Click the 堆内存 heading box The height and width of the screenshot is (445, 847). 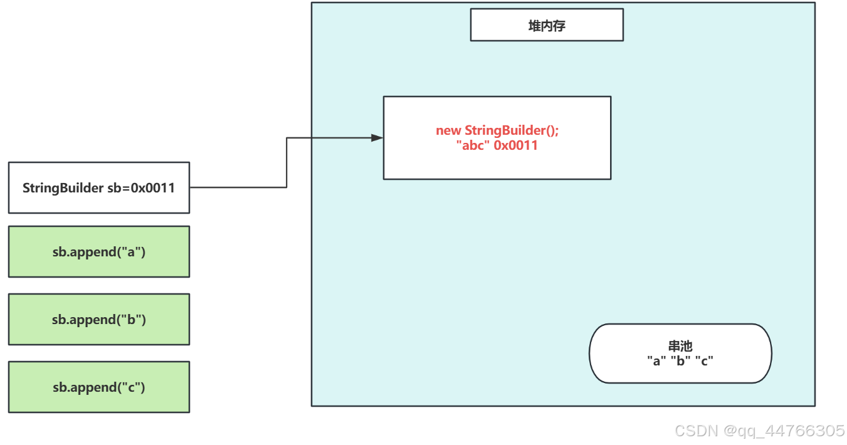(547, 25)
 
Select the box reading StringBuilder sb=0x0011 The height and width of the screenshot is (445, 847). (99, 187)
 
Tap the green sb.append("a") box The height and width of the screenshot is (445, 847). (99, 252)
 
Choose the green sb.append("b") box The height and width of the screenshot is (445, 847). (99, 320)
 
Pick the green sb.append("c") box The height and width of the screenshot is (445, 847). (99, 387)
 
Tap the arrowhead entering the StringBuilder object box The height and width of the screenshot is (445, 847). (377, 138)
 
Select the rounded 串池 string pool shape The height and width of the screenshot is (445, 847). (680, 353)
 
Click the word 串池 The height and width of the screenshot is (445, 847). (680, 346)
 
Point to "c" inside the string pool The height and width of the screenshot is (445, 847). (705, 361)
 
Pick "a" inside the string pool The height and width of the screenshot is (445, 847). (656, 361)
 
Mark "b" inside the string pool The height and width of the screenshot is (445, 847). (680, 361)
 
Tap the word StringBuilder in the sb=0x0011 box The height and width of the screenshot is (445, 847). (63, 187)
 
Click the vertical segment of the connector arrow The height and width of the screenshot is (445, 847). (287, 162)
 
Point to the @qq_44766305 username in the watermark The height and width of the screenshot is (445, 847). (784, 431)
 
